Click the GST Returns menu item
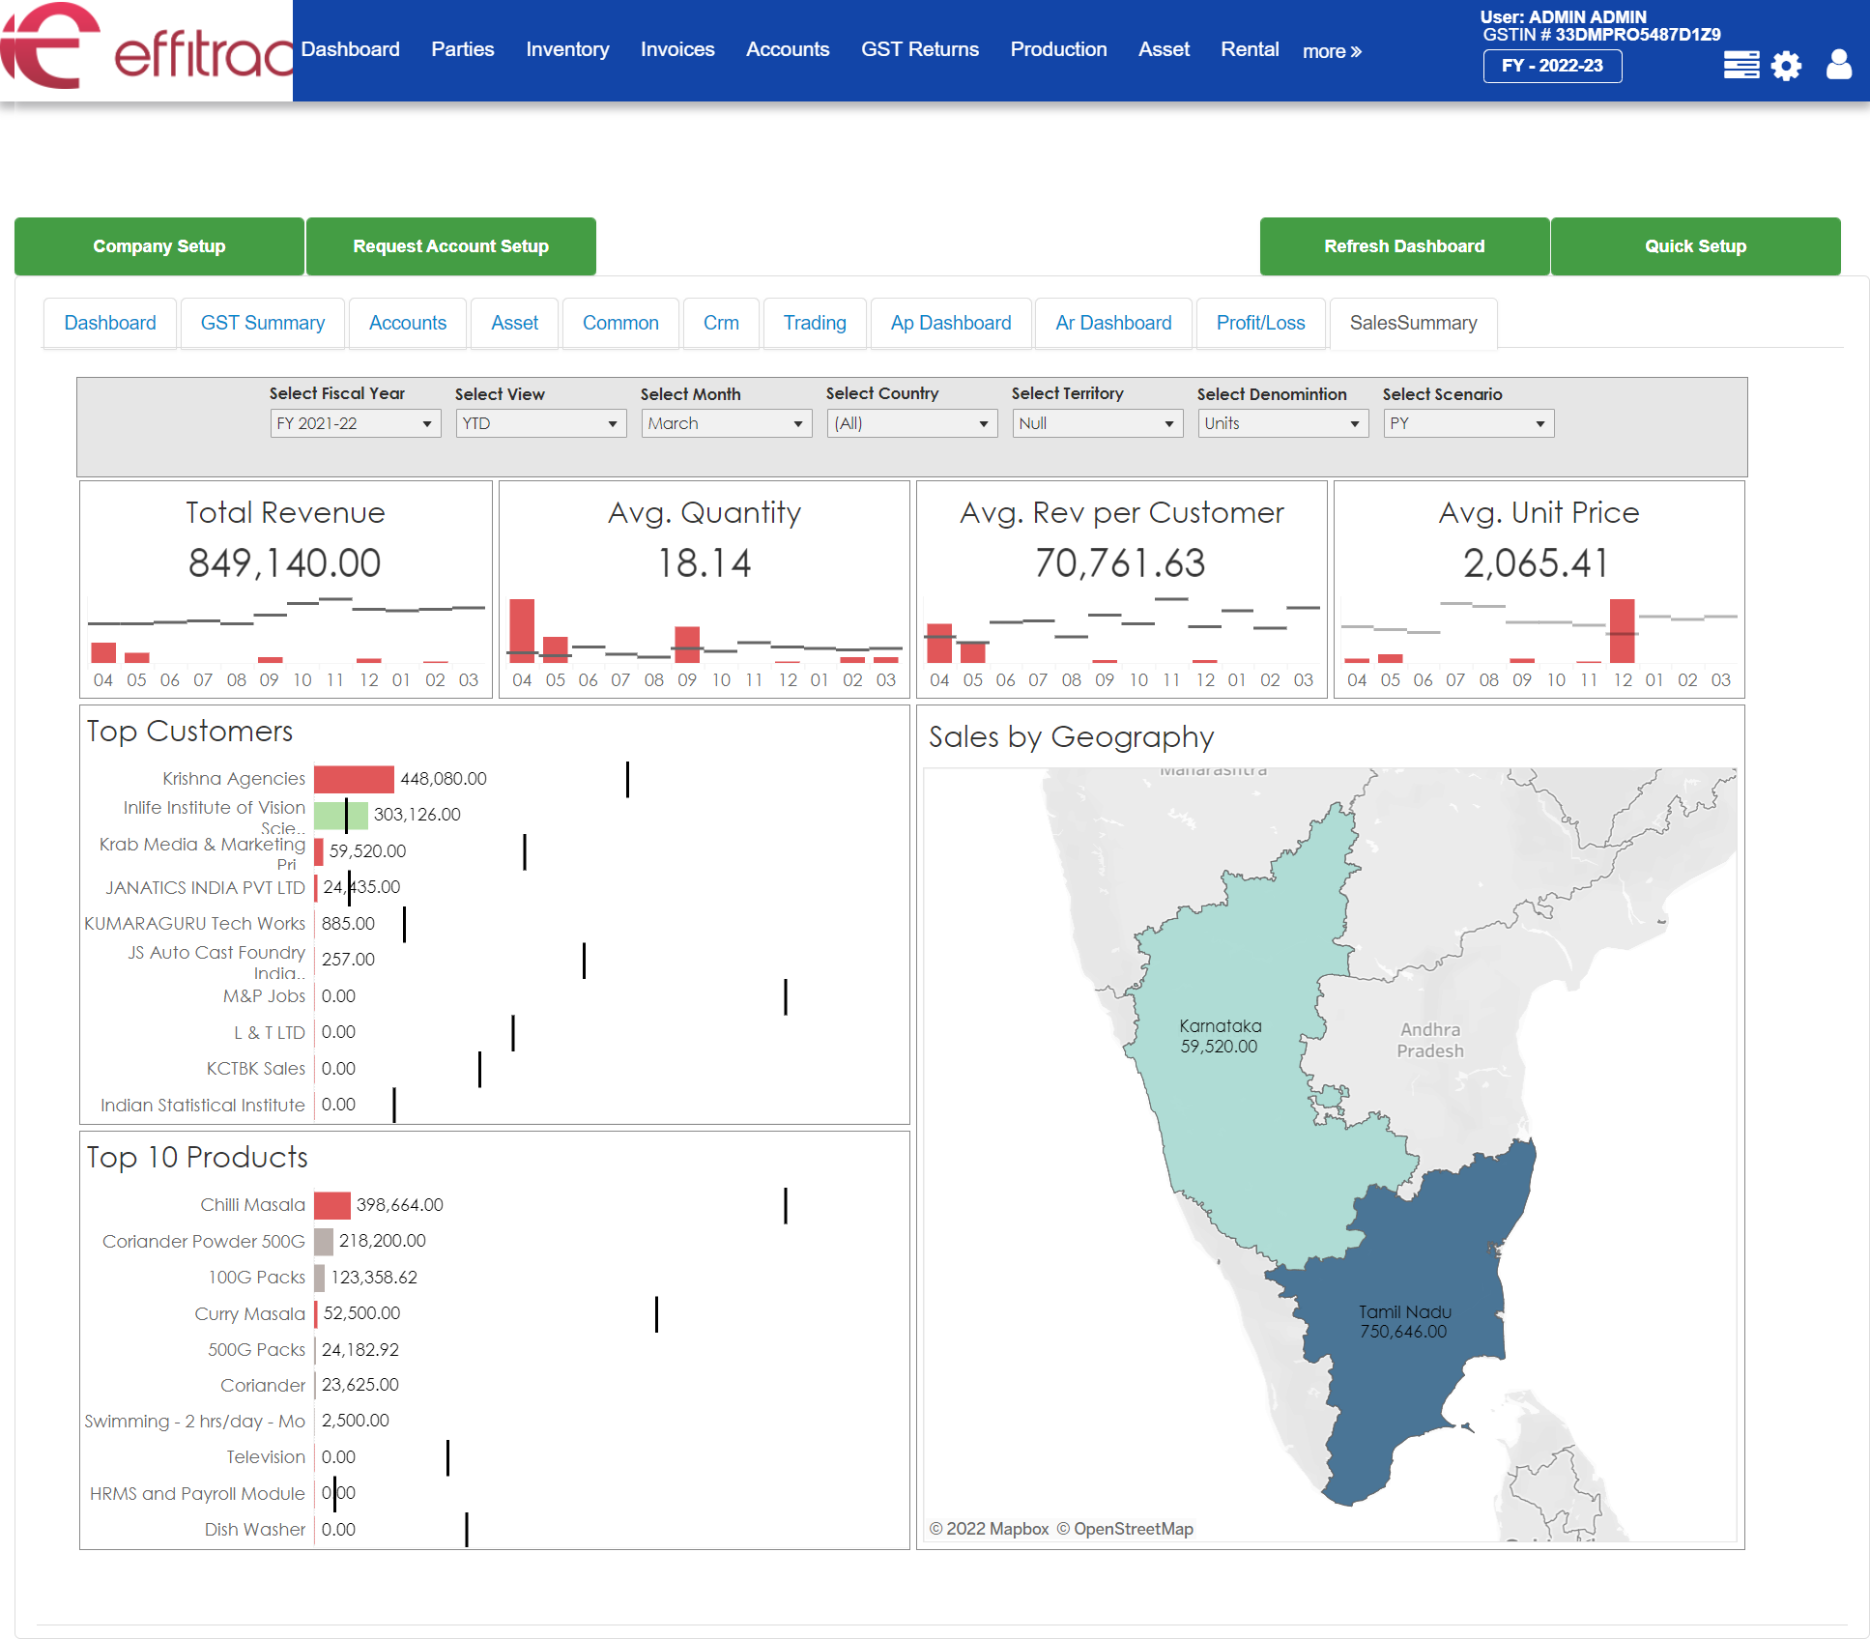point(919,49)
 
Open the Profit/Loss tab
point(1260,323)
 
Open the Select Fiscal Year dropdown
point(355,423)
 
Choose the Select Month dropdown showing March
point(726,423)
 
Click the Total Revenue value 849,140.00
point(285,562)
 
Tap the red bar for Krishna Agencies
point(354,779)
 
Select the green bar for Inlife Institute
point(342,815)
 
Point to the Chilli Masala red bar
point(332,1205)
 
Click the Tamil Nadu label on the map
point(1404,1312)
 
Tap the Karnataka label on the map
point(1220,1026)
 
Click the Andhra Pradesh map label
point(1429,1040)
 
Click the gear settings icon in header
point(1786,66)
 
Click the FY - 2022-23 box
point(1552,66)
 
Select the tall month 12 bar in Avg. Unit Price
point(1622,630)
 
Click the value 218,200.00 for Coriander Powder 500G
point(382,1241)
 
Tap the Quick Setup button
point(1695,246)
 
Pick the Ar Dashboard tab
point(1113,323)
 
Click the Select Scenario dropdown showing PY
point(1468,423)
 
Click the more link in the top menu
point(1331,51)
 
